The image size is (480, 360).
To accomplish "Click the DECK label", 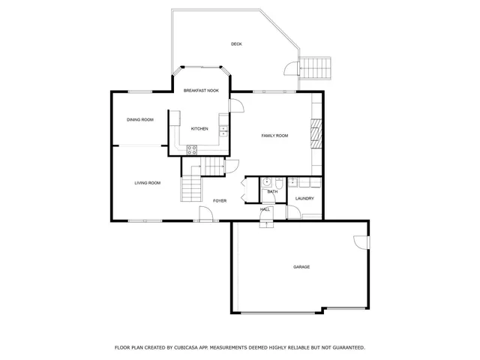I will tap(236, 44).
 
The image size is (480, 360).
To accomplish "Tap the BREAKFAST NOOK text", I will tap(201, 91).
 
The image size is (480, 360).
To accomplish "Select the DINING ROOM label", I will tap(139, 120).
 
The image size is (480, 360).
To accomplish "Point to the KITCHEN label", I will tap(199, 129).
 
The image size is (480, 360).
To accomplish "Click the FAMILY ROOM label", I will tap(274, 136).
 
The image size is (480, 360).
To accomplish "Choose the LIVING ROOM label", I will tap(148, 183).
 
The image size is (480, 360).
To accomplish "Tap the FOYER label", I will tap(220, 201).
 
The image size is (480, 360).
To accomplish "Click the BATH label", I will tap(272, 192).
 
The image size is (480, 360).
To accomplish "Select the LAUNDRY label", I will tap(304, 199).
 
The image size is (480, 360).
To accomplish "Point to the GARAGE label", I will tap(301, 267).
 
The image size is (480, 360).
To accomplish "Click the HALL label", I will tap(265, 210).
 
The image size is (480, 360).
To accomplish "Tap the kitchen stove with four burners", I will tap(192, 148).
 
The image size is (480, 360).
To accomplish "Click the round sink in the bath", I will tap(267, 181).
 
